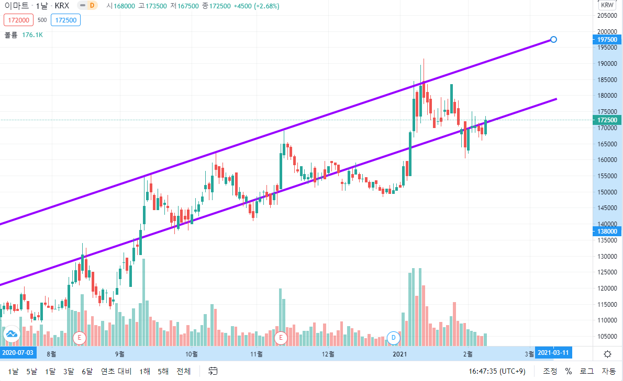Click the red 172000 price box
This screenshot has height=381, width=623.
tap(19, 20)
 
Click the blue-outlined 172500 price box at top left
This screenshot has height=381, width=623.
tap(65, 20)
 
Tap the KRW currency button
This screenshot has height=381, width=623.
tap(607, 5)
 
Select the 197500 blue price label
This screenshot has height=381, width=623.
tap(607, 40)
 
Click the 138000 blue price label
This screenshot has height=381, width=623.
tap(607, 232)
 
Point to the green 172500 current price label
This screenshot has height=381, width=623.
tap(607, 120)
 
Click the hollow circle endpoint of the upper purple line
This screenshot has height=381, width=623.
tap(553, 40)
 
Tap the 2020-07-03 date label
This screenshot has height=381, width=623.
tap(18, 352)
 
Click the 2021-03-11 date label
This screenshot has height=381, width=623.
tap(553, 352)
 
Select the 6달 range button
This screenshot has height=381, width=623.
tap(87, 372)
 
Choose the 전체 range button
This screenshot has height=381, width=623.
tap(184, 372)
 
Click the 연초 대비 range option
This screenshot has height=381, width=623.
tap(116, 372)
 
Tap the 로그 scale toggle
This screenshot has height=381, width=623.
tap(586, 372)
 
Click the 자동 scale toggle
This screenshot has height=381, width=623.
tap(609, 372)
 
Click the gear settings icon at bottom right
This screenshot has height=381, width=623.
tap(607, 354)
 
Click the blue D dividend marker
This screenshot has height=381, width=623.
tap(393, 338)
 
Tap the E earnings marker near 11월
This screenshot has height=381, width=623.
tap(281, 338)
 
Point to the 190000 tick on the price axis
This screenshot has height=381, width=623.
tap(607, 64)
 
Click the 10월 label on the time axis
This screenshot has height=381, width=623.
tap(192, 354)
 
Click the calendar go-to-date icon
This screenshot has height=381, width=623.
tap(213, 371)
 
